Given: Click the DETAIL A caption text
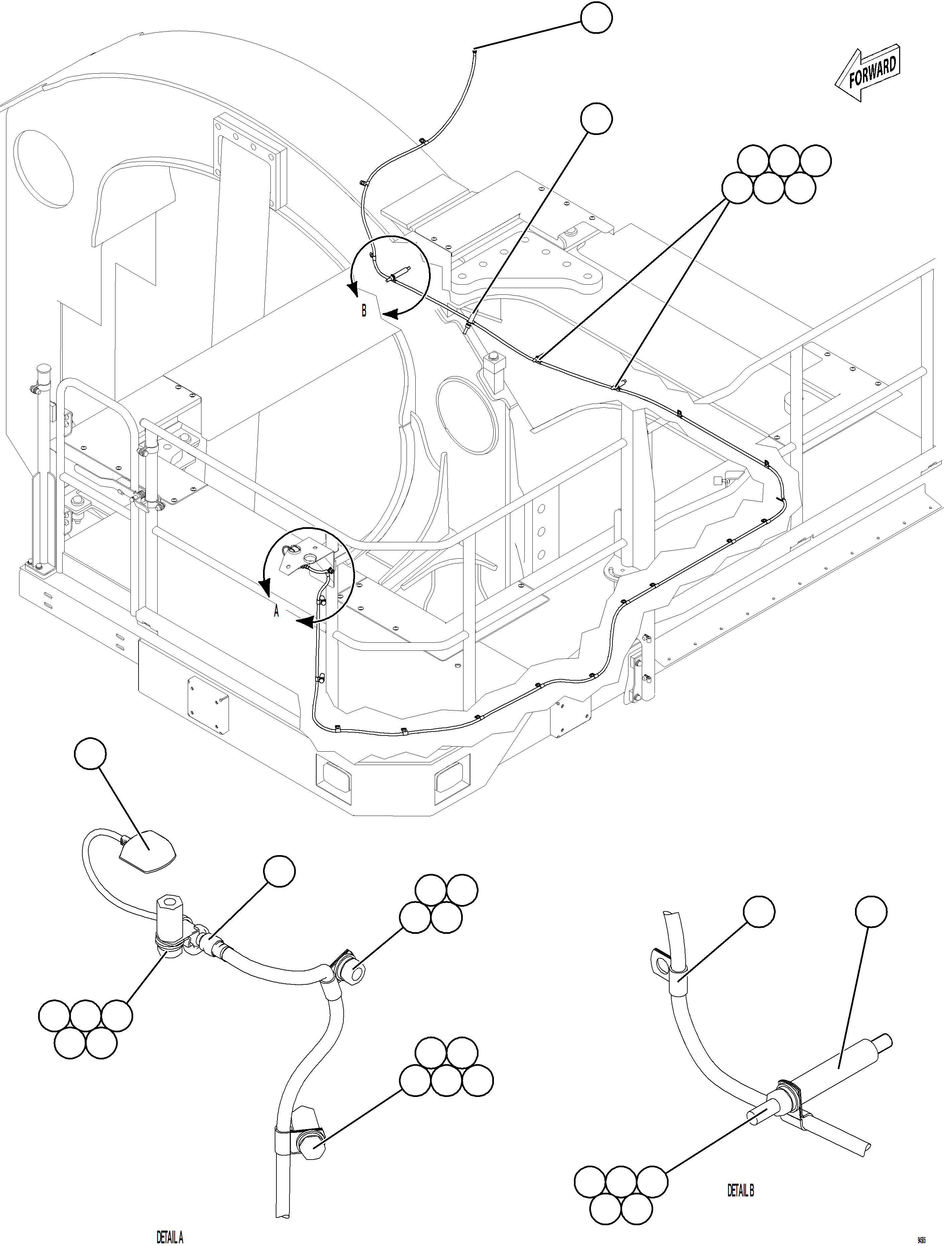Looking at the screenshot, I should (169, 1236).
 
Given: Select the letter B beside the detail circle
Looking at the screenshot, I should (364, 310).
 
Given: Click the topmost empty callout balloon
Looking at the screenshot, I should (596, 18).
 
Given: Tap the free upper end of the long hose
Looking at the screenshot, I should (475, 51).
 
